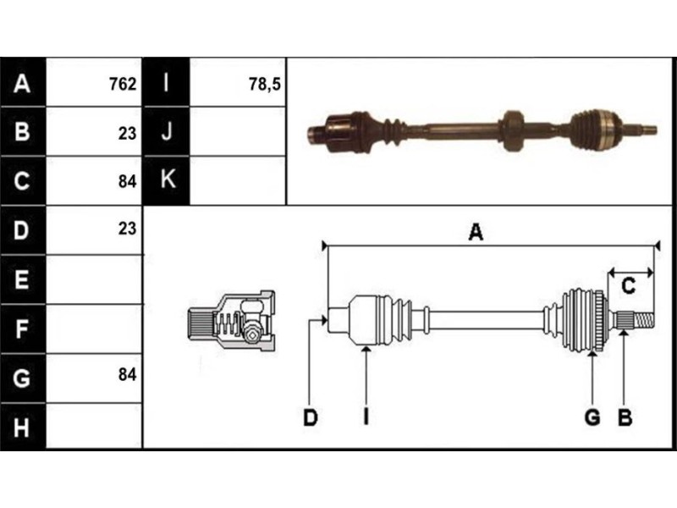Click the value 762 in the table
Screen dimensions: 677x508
coord(123,83)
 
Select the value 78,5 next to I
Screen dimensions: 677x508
coord(265,84)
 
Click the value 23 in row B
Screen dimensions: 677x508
coord(128,134)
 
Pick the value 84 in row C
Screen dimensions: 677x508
coord(128,182)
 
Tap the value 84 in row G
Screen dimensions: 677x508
coord(128,374)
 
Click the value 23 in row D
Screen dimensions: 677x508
coord(128,229)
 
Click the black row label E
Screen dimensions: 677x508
coord(23,279)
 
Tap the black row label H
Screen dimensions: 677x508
coord(23,428)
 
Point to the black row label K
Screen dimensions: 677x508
coord(167,180)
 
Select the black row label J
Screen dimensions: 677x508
coord(167,131)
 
